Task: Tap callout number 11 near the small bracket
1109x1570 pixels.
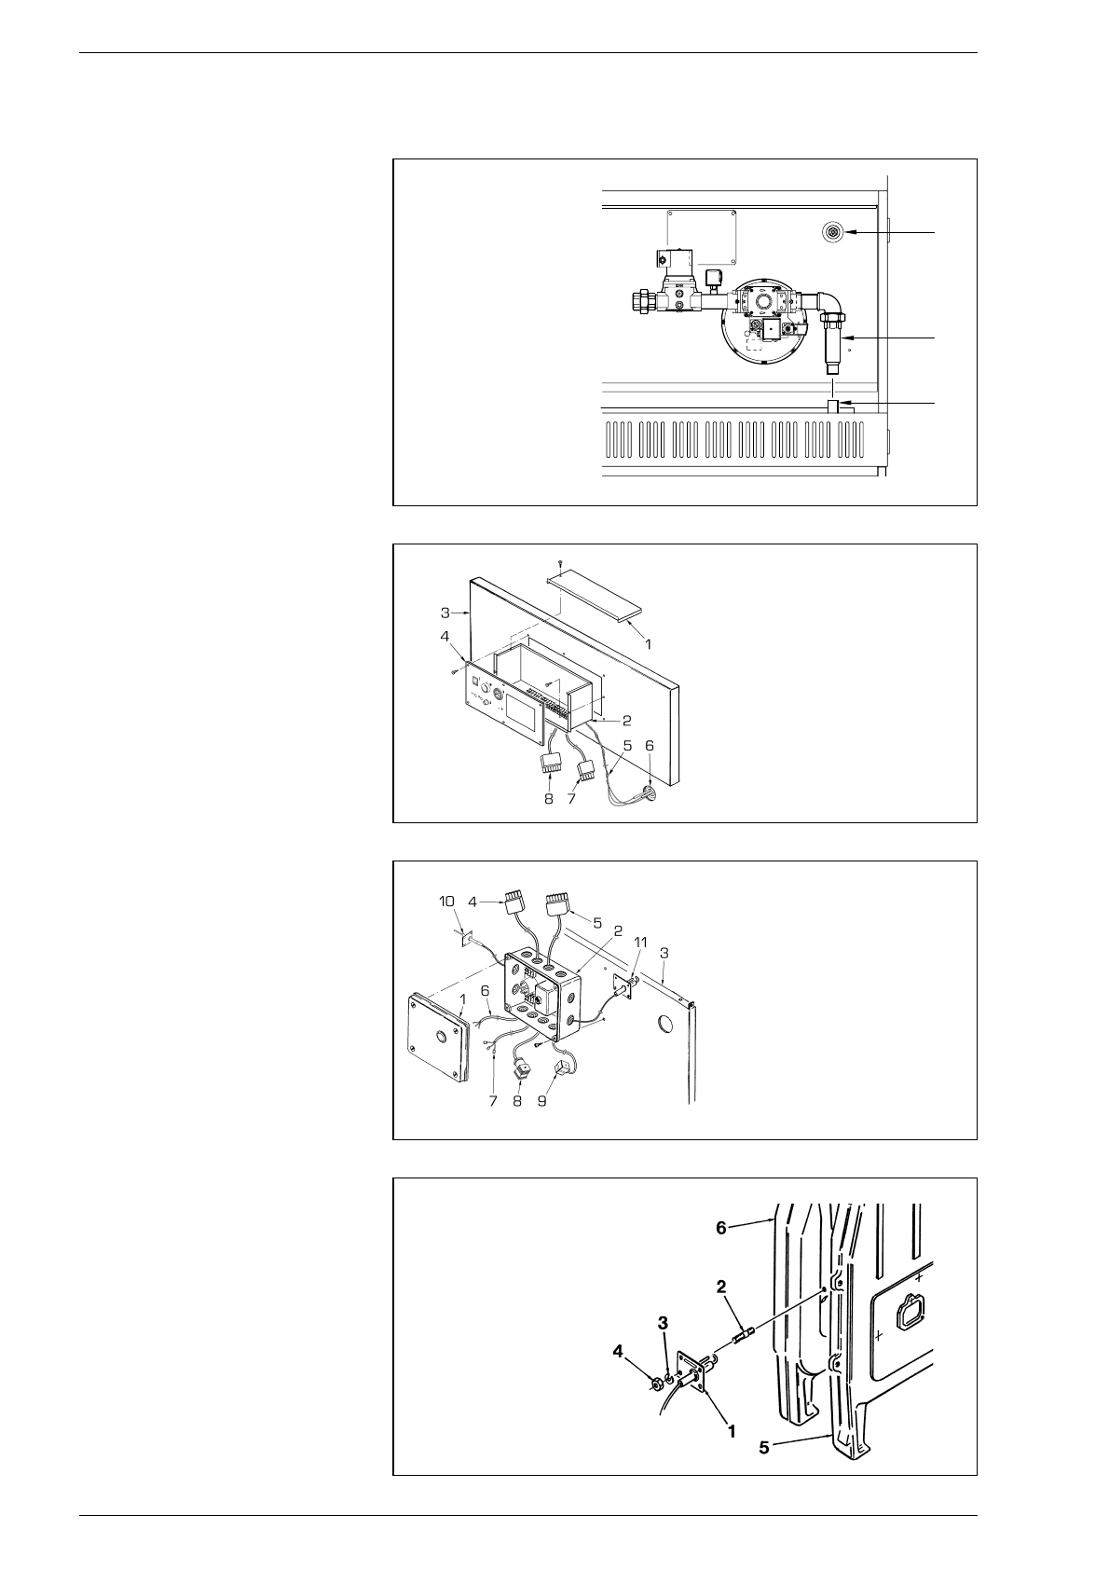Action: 638,943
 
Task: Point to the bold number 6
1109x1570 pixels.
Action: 720,1229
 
